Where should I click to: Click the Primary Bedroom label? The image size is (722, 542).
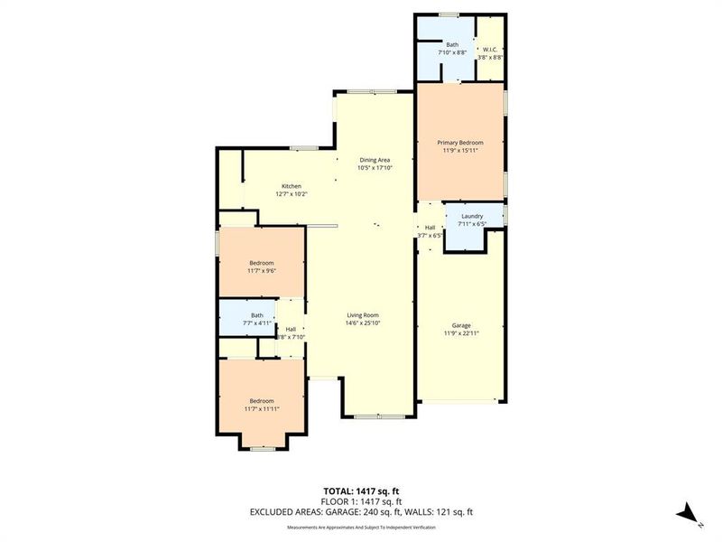[460, 143]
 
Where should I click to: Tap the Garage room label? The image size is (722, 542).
[460, 325]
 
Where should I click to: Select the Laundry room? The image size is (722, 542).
[471, 217]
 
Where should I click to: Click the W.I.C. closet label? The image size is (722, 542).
[490, 49]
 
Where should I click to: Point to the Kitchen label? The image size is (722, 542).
[291, 186]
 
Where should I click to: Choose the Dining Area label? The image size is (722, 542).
[375, 160]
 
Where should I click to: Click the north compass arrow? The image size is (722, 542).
[689, 512]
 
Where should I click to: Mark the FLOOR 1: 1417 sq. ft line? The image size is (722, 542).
[361, 501]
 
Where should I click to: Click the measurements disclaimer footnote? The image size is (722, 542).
[361, 526]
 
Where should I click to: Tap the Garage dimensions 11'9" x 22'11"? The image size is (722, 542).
[460, 332]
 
